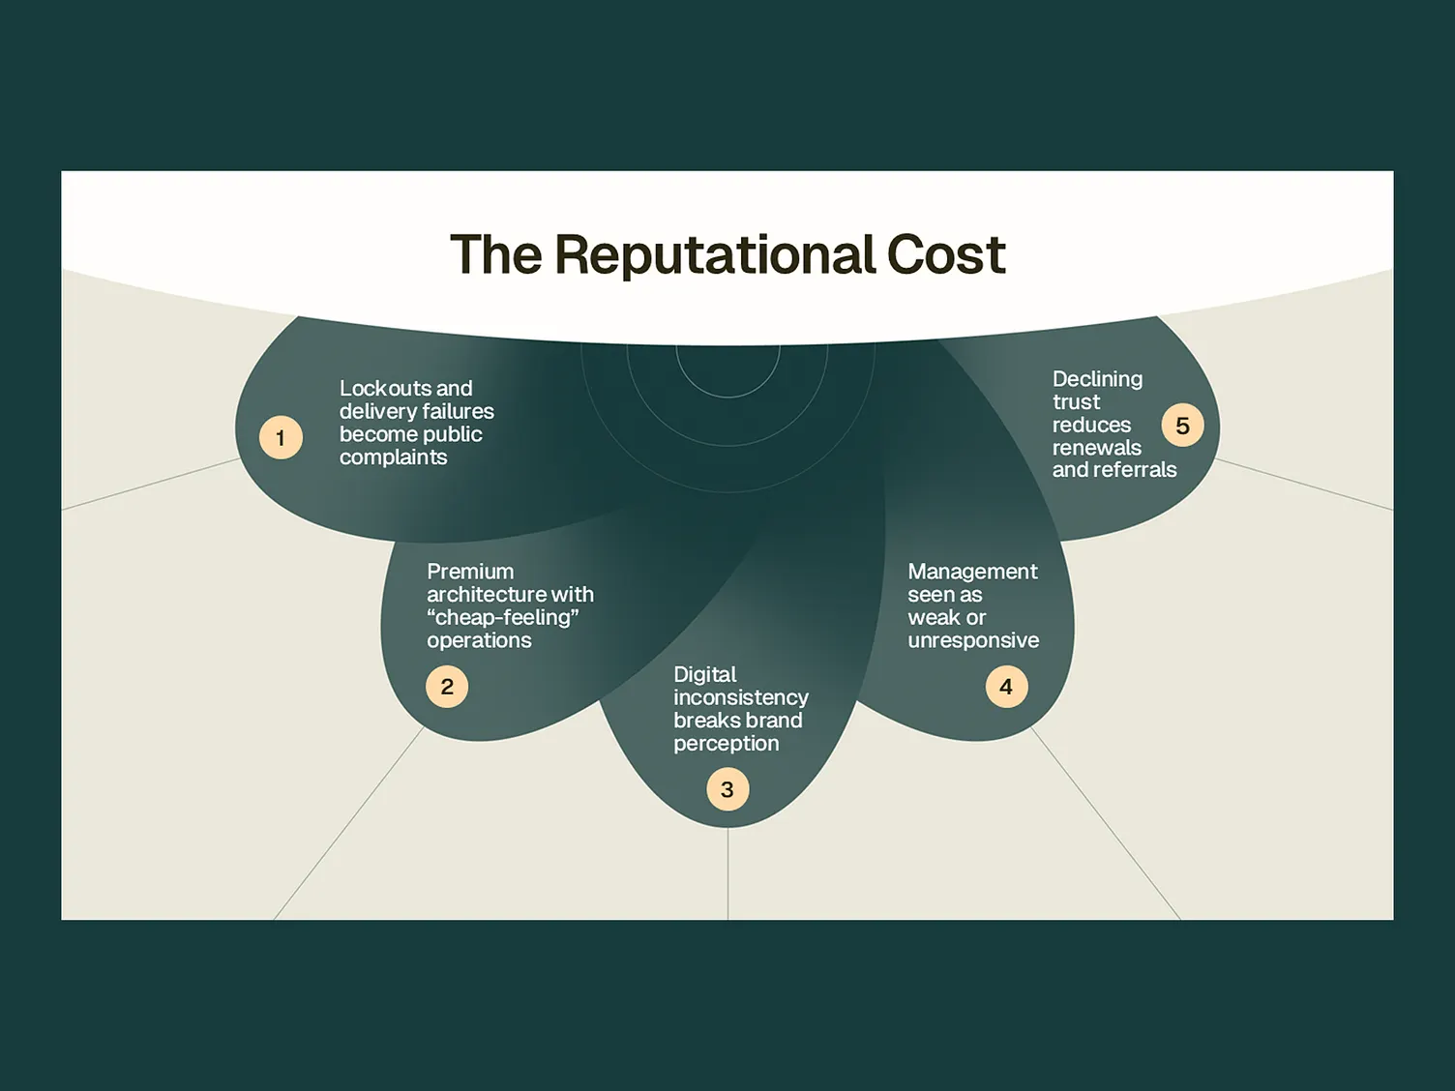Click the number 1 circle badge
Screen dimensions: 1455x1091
pos(281,437)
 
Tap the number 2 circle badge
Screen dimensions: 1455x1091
pos(447,687)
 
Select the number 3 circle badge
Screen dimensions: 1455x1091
pos(727,789)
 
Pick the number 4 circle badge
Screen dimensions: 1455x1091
pos(1006,687)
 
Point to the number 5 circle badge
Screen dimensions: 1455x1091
pos(1182,426)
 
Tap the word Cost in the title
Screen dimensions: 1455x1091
pos(946,254)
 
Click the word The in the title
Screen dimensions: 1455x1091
pos(496,254)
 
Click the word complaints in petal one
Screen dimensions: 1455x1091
pos(393,457)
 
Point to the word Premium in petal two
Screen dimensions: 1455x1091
pos(470,571)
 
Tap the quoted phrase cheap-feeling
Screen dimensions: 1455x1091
pos(503,617)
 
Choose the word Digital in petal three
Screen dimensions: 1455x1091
pos(704,674)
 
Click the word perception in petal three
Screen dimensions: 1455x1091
pos(726,744)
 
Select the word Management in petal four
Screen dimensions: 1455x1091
pos(972,572)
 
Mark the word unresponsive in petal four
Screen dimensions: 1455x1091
pos(973,640)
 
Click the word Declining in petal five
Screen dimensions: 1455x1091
pos(1097,379)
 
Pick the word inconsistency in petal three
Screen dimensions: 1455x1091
pos(740,697)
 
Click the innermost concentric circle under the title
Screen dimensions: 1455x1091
pos(727,397)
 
